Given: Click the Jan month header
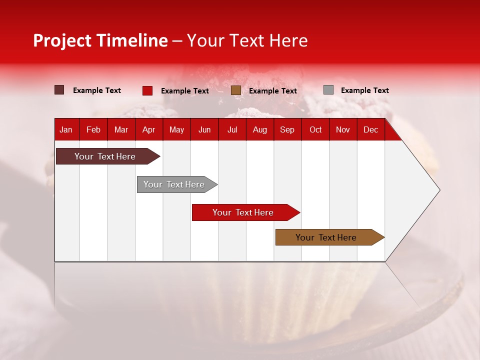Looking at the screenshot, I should point(66,129).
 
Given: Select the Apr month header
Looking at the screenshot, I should point(149,129).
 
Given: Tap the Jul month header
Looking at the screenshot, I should point(232,129).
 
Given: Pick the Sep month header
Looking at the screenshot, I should point(287,129).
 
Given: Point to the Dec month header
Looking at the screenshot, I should point(370,129).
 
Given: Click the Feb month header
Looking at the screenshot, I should point(93,129).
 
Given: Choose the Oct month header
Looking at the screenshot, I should point(315,129).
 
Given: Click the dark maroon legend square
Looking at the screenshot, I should point(59,90).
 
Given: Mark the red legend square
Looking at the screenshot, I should point(147,90).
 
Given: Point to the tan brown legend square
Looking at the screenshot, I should point(236,90).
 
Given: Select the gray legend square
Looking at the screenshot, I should point(328,90).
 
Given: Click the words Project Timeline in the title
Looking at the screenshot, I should point(100,40).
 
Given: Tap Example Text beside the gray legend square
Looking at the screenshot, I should point(364,90).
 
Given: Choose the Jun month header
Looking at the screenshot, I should point(204,129).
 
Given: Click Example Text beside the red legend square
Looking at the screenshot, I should point(184,91).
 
